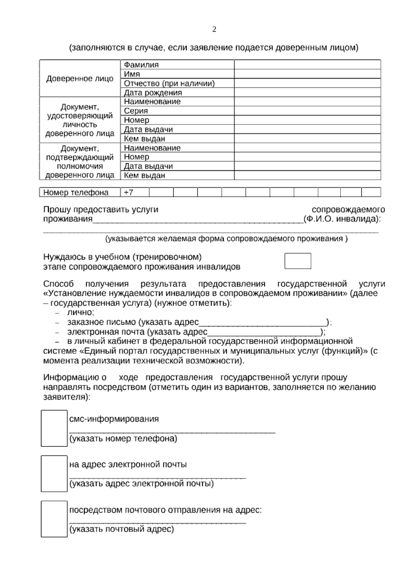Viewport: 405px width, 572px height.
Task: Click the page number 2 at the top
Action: (x=214, y=30)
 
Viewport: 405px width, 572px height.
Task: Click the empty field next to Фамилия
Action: (x=307, y=65)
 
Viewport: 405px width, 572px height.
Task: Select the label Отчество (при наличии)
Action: (x=169, y=83)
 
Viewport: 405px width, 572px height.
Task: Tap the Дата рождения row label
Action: (x=153, y=92)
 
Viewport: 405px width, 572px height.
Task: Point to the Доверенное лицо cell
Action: (x=80, y=79)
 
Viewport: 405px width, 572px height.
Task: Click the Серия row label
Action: (x=136, y=111)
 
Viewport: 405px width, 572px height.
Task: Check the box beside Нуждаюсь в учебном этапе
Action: (x=298, y=261)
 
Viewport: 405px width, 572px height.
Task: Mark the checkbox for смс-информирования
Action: (x=54, y=428)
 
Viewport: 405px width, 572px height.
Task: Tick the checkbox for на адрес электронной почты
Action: (x=54, y=474)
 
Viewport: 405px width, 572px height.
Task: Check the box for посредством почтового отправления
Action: (x=54, y=519)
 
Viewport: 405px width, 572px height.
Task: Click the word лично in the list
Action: (x=80, y=312)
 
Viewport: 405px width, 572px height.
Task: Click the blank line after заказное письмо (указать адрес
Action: (x=262, y=323)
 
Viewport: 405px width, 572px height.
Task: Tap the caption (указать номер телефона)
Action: (x=123, y=439)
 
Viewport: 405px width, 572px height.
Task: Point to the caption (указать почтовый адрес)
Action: (x=122, y=529)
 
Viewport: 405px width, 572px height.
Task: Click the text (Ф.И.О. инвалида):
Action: (x=342, y=219)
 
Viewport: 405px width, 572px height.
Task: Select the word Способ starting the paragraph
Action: (x=58, y=284)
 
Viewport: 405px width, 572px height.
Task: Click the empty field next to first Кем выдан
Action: (x=307, y=139)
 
